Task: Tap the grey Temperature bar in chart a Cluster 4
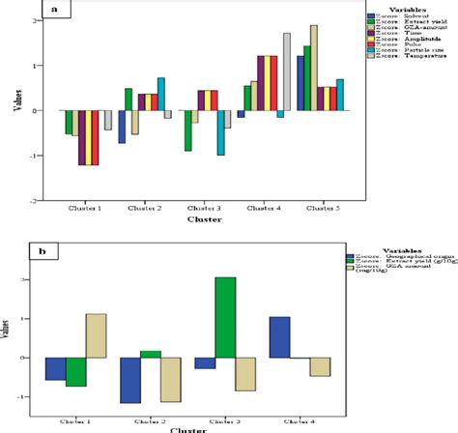[x=286, y=72]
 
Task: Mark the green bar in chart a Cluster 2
[x=129, y=99]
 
